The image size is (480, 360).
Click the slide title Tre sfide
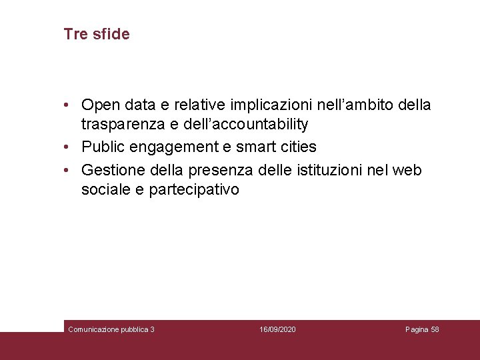97,34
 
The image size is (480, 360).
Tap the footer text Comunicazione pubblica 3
111,329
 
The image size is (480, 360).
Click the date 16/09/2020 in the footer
277,329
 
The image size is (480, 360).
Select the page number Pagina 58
422,329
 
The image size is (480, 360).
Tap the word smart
251,147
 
